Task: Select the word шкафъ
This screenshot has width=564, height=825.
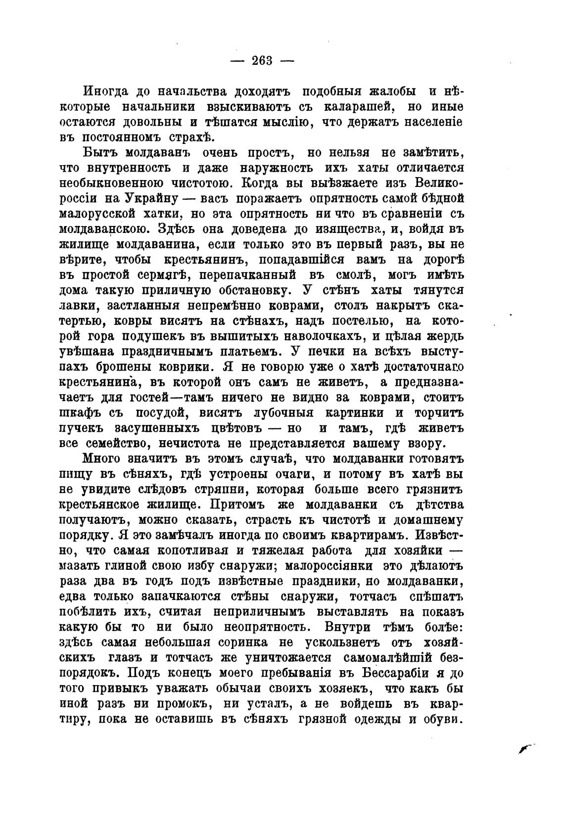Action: pyautogui.click(x=82, y=413)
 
